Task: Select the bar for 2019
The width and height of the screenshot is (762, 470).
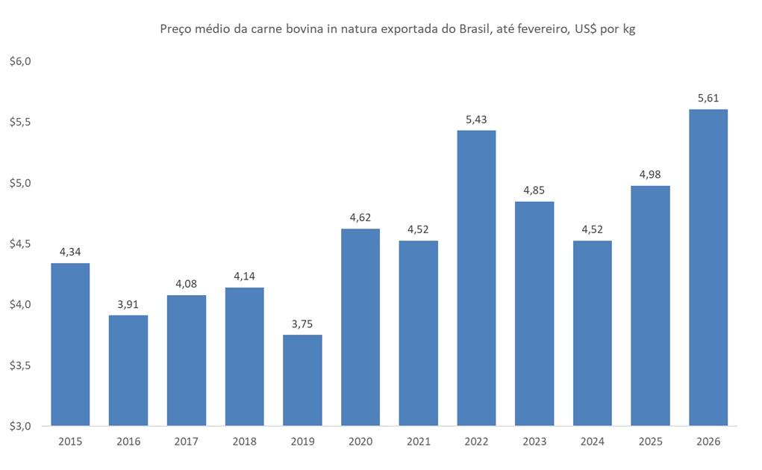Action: pos(302,380)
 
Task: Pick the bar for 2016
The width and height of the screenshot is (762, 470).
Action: pos(128,371)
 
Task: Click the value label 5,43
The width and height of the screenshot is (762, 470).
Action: pos(476,119)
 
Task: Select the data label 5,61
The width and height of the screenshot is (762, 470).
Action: pos(708,98)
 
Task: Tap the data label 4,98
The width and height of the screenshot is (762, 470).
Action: pos(650,174)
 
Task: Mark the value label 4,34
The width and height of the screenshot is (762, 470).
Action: pos(70,252)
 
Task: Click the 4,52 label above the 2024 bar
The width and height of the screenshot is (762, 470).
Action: pos(592,229)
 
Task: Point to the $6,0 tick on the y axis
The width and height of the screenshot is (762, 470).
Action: pos(20,61)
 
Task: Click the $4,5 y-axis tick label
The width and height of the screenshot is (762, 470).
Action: pos(20,244)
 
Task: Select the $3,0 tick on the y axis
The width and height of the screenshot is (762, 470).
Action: pos(20,427)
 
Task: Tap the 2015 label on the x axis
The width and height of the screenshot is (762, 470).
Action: pos(70,442)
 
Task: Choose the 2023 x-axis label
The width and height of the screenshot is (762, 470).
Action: pos(534,442)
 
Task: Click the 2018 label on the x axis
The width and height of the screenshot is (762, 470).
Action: pos(244,442)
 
